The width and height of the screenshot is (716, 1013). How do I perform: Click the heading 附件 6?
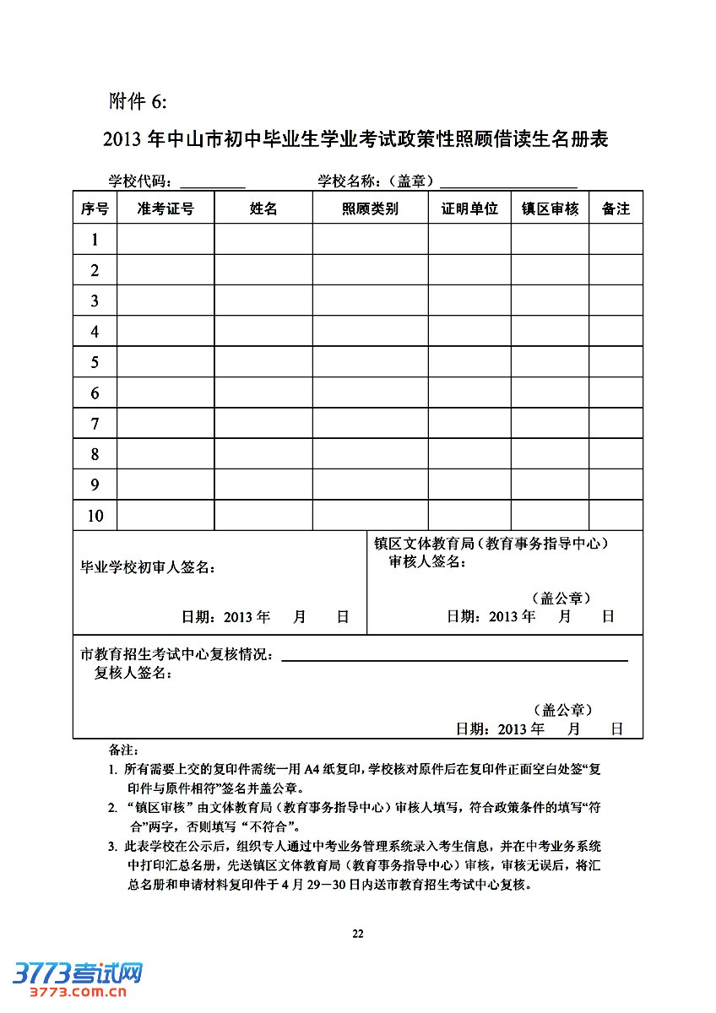coord(138,101)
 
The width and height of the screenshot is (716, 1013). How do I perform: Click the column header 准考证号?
coord(165,209)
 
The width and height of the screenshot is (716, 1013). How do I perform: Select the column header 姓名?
coord(263,209)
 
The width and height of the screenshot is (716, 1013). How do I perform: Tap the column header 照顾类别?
coord(370,209)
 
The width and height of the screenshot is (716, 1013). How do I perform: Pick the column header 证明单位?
coord(469,209)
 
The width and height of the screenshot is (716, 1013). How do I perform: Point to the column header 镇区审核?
coord(550,209)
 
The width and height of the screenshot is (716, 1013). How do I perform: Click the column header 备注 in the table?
coord(616,209)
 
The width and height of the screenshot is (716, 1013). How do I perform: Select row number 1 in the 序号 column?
coord(95,240)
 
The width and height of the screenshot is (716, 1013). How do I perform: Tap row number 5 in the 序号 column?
coord(95,362)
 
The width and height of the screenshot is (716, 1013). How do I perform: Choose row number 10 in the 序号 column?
coord(95,515)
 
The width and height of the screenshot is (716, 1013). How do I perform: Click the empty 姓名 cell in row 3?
coord(263,301)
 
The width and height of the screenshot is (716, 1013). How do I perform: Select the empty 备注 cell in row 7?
coord(616,423)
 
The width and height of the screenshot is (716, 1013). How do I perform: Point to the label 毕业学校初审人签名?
coord(147,567)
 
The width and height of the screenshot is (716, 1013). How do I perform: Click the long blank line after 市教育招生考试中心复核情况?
coord(454,658)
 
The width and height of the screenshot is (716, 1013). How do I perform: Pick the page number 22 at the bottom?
coord(357,933)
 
